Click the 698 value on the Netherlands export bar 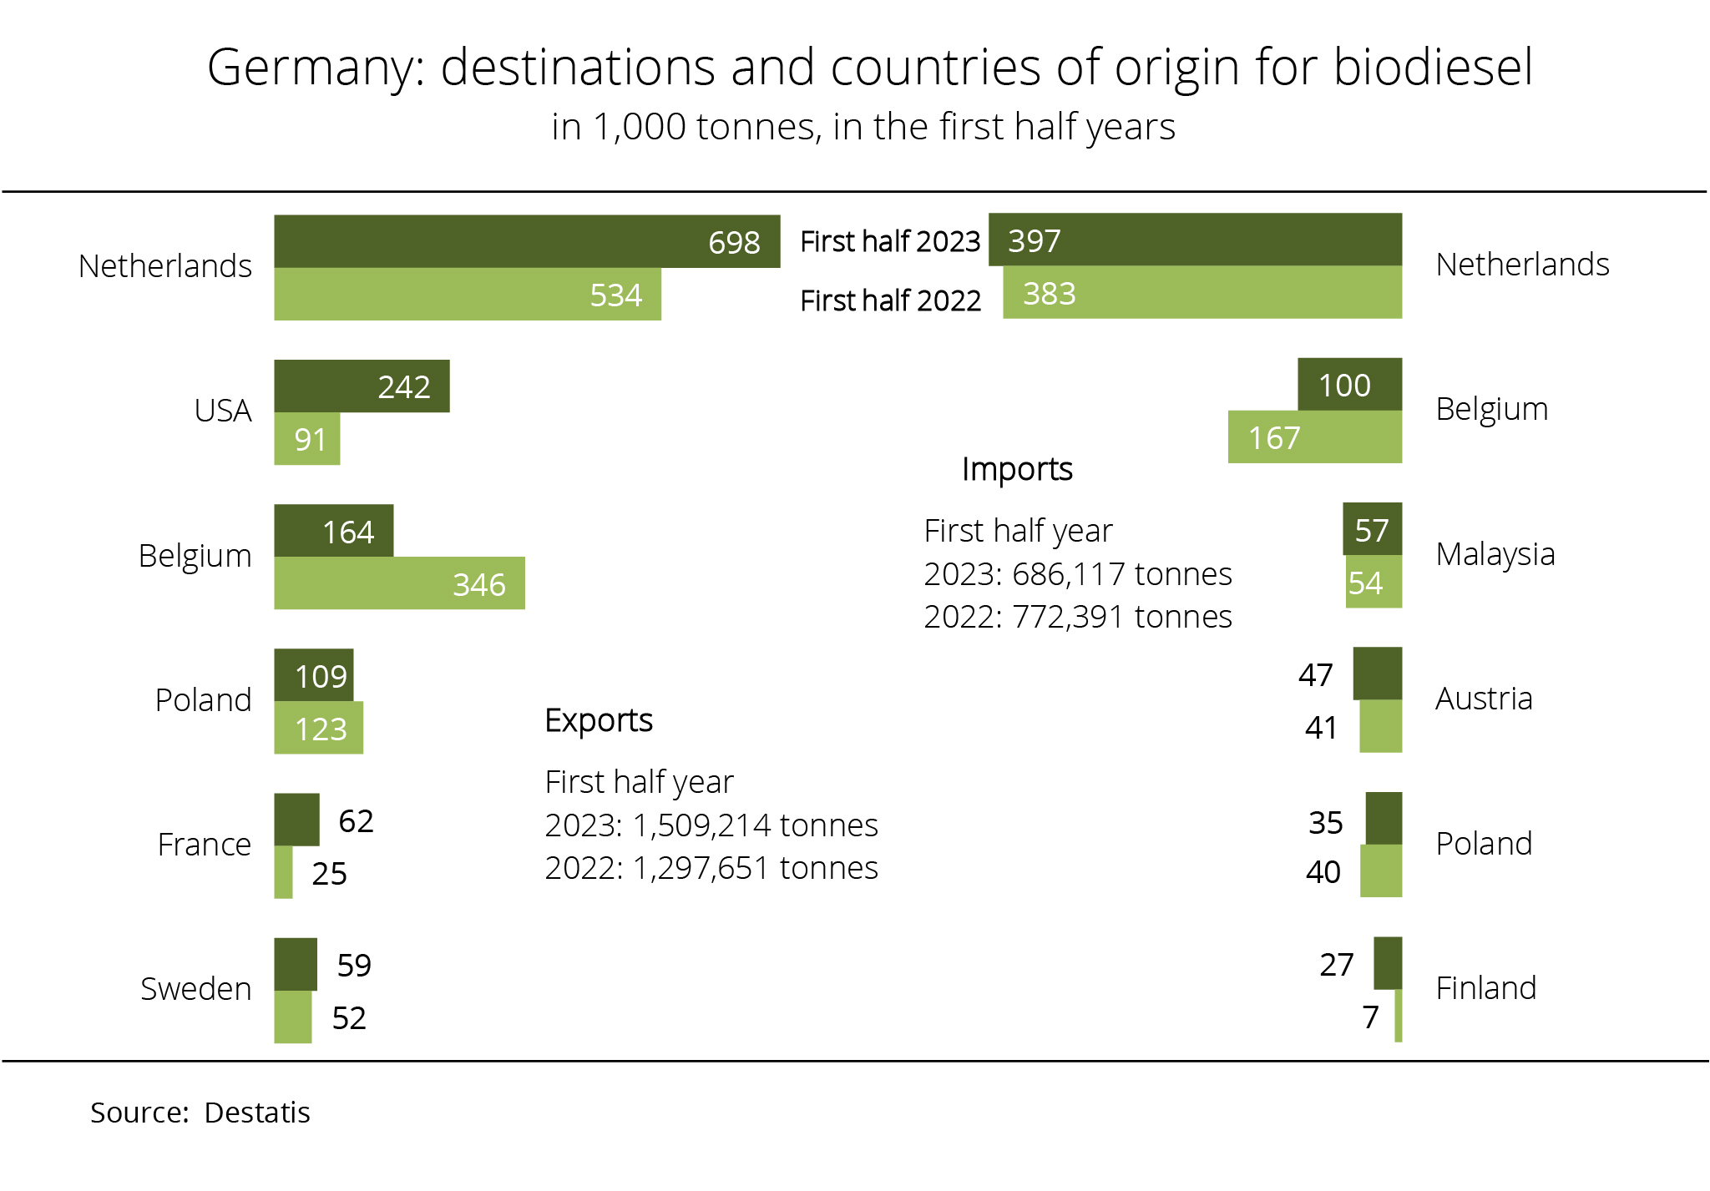point(734,242)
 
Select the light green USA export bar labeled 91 point(306,439)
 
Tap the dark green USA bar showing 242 point(361,386)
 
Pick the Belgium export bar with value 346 point(399,583)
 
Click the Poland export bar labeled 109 point(314,675)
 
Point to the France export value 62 point(356,821)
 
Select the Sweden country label point(195,989)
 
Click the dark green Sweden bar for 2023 point(296,964)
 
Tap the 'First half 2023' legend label point(890,241)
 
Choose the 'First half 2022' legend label point(890,300)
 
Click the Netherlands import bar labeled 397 point(1195,240)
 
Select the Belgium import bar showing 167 point(1314,437)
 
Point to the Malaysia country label point(1495,554)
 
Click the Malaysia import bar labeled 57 point(1372,529)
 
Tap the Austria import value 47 point(1315,674)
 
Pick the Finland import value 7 point(1370,1017)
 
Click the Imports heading point(1017,469)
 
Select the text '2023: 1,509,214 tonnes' point(711,825)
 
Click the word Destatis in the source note point(257,1113)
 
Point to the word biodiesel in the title point(1433,67)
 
